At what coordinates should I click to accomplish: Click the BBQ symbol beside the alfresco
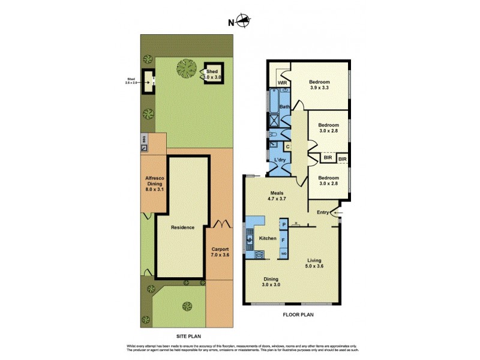[x=144, y=142]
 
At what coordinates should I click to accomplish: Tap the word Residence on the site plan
[x=182, y=227]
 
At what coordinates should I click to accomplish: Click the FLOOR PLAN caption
[x=298, y=314]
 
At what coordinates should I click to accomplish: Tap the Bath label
[x=284, y=107]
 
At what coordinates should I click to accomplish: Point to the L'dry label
[x=280, y=160]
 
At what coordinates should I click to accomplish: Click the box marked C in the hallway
[x=287, y=146]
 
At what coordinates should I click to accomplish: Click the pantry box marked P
[x=284, y=224]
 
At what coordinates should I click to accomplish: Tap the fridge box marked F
[x=284, y=239]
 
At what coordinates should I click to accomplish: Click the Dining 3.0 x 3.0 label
[x=271, y=281]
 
